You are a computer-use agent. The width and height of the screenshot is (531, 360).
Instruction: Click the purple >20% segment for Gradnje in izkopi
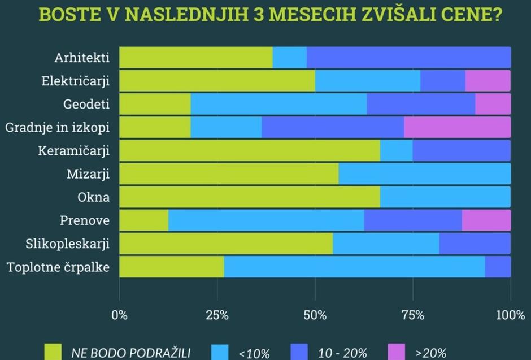(457, 127)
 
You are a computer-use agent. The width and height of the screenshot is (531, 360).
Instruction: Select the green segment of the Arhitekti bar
(195, 58)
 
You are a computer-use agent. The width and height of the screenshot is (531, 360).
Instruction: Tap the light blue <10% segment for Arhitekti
(289, 58)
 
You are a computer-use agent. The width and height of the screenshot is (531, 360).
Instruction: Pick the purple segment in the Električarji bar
(488, 81)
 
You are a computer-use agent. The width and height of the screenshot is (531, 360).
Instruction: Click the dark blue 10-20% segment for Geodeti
(420, 104)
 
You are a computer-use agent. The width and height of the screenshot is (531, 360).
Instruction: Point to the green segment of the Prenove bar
(143, 220)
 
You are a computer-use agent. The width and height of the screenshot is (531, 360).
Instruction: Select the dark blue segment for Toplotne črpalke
(497, 267)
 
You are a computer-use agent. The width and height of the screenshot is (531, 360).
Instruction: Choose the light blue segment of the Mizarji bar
(424, 174)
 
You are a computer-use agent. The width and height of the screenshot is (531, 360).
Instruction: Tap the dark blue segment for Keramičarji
(461, 151)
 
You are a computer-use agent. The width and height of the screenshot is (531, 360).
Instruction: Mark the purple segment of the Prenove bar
(486, 220)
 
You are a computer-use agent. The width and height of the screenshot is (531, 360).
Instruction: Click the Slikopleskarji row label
(67, 244)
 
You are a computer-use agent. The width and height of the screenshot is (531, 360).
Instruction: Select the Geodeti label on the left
(86, 104)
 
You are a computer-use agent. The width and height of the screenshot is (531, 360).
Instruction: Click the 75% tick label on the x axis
(413, 315)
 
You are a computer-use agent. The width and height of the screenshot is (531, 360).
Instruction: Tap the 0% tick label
(120, 315)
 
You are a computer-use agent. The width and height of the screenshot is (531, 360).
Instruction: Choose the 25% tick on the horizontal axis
(217, 315)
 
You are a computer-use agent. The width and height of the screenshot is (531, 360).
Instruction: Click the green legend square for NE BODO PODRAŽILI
(53, 352)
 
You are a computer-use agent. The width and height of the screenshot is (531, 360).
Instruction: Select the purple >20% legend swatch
(397, 352)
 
